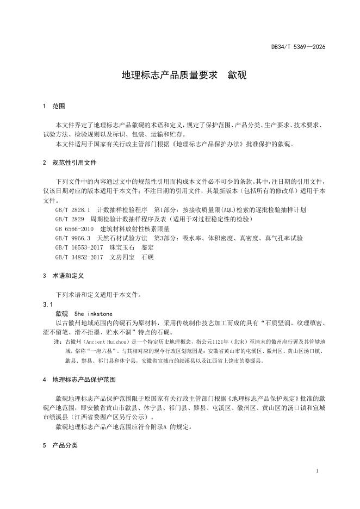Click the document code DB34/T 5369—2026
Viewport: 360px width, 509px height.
298,47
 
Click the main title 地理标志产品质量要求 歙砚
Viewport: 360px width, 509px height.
184,75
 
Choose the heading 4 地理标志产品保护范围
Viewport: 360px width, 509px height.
79,379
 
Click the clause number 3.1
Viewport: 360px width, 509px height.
47,305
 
